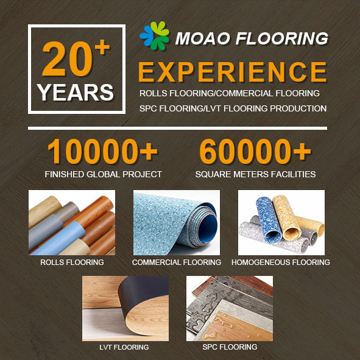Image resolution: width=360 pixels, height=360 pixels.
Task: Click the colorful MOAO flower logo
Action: (x=154, y=35)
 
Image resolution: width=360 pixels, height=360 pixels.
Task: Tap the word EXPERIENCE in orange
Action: (x=232, y=72)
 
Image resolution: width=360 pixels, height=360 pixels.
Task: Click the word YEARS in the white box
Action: (x=76, y=93)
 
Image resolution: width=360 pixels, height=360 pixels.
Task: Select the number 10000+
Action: (x=102, y=151)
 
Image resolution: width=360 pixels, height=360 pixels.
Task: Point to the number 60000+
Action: (x=255, y=151)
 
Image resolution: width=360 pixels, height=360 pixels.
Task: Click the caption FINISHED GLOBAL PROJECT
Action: (x=104, y=174)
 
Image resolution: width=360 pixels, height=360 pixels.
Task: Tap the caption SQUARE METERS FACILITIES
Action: (x=255, y=174)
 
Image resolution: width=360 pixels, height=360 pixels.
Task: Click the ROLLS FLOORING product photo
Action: (x=72, y=222)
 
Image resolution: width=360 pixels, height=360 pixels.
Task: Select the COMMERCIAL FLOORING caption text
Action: (x=177, y=262)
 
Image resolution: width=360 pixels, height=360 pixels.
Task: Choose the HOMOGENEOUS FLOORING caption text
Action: (x=281, y=262)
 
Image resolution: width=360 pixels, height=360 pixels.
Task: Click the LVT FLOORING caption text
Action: (x=124, y=347)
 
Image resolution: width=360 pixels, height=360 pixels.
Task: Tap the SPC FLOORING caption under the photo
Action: (x=230, y=347)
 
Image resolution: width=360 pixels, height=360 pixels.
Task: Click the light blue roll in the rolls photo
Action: (x=58, y=239)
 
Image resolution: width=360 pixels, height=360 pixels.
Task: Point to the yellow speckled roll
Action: (x=286, y=217)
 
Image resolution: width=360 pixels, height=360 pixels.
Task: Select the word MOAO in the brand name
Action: (x=202, y=38)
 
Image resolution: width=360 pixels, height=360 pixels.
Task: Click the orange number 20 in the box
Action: (x=67, y=58)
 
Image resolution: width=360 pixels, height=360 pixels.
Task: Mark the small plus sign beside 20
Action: (x=102, y=48)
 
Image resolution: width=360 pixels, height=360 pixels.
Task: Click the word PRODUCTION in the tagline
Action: (x=298, y=108)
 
